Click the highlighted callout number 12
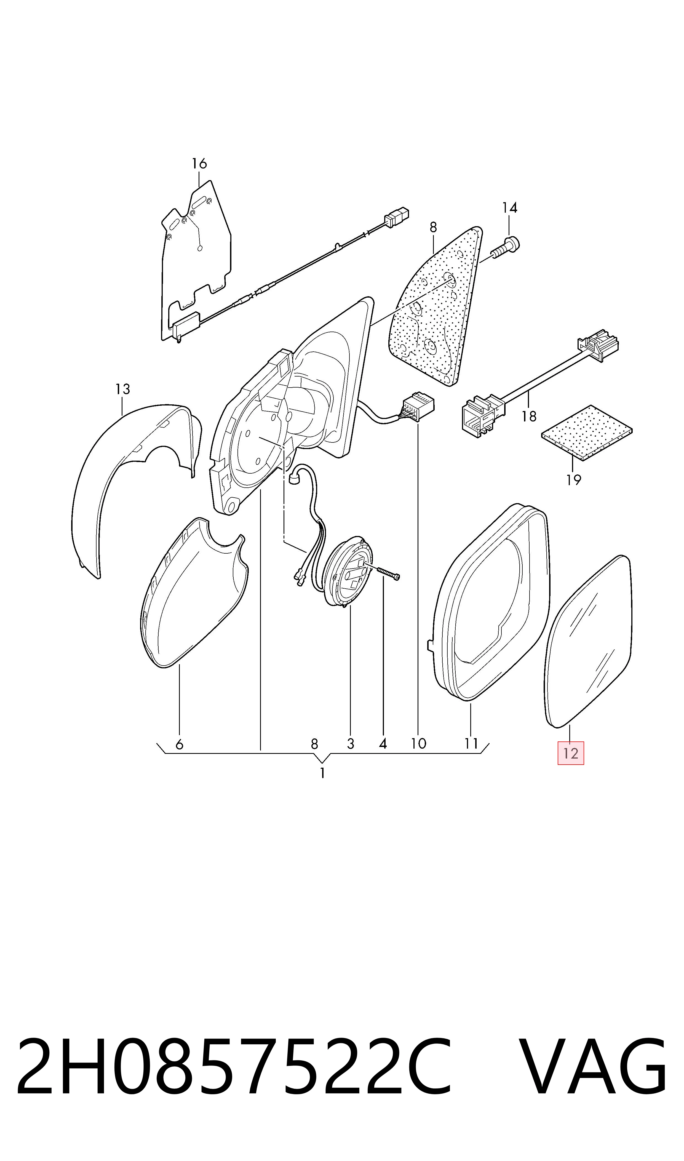(x=571, y=753)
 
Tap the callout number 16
(x=199, y=164)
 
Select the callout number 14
(x=509, y=208)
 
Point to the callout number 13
(x=123, y=389)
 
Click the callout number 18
(x=529, y=417)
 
